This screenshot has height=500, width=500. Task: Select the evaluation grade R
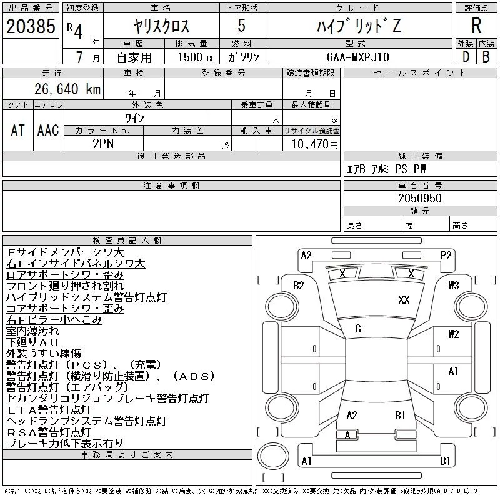476,26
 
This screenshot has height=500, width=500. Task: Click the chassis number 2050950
420,198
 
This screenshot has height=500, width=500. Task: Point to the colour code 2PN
103,142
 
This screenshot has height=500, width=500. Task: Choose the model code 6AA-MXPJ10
357,56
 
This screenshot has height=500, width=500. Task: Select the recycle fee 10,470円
312,144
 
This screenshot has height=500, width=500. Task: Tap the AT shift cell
18,130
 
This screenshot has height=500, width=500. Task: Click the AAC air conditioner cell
48,130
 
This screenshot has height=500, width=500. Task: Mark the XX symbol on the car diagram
404,300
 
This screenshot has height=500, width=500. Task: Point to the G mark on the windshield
357,329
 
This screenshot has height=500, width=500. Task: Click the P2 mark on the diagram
446,255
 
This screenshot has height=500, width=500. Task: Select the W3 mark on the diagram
453,286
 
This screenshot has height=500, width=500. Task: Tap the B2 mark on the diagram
299,286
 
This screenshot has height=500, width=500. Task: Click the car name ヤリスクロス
161,26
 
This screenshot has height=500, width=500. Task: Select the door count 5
242,26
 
